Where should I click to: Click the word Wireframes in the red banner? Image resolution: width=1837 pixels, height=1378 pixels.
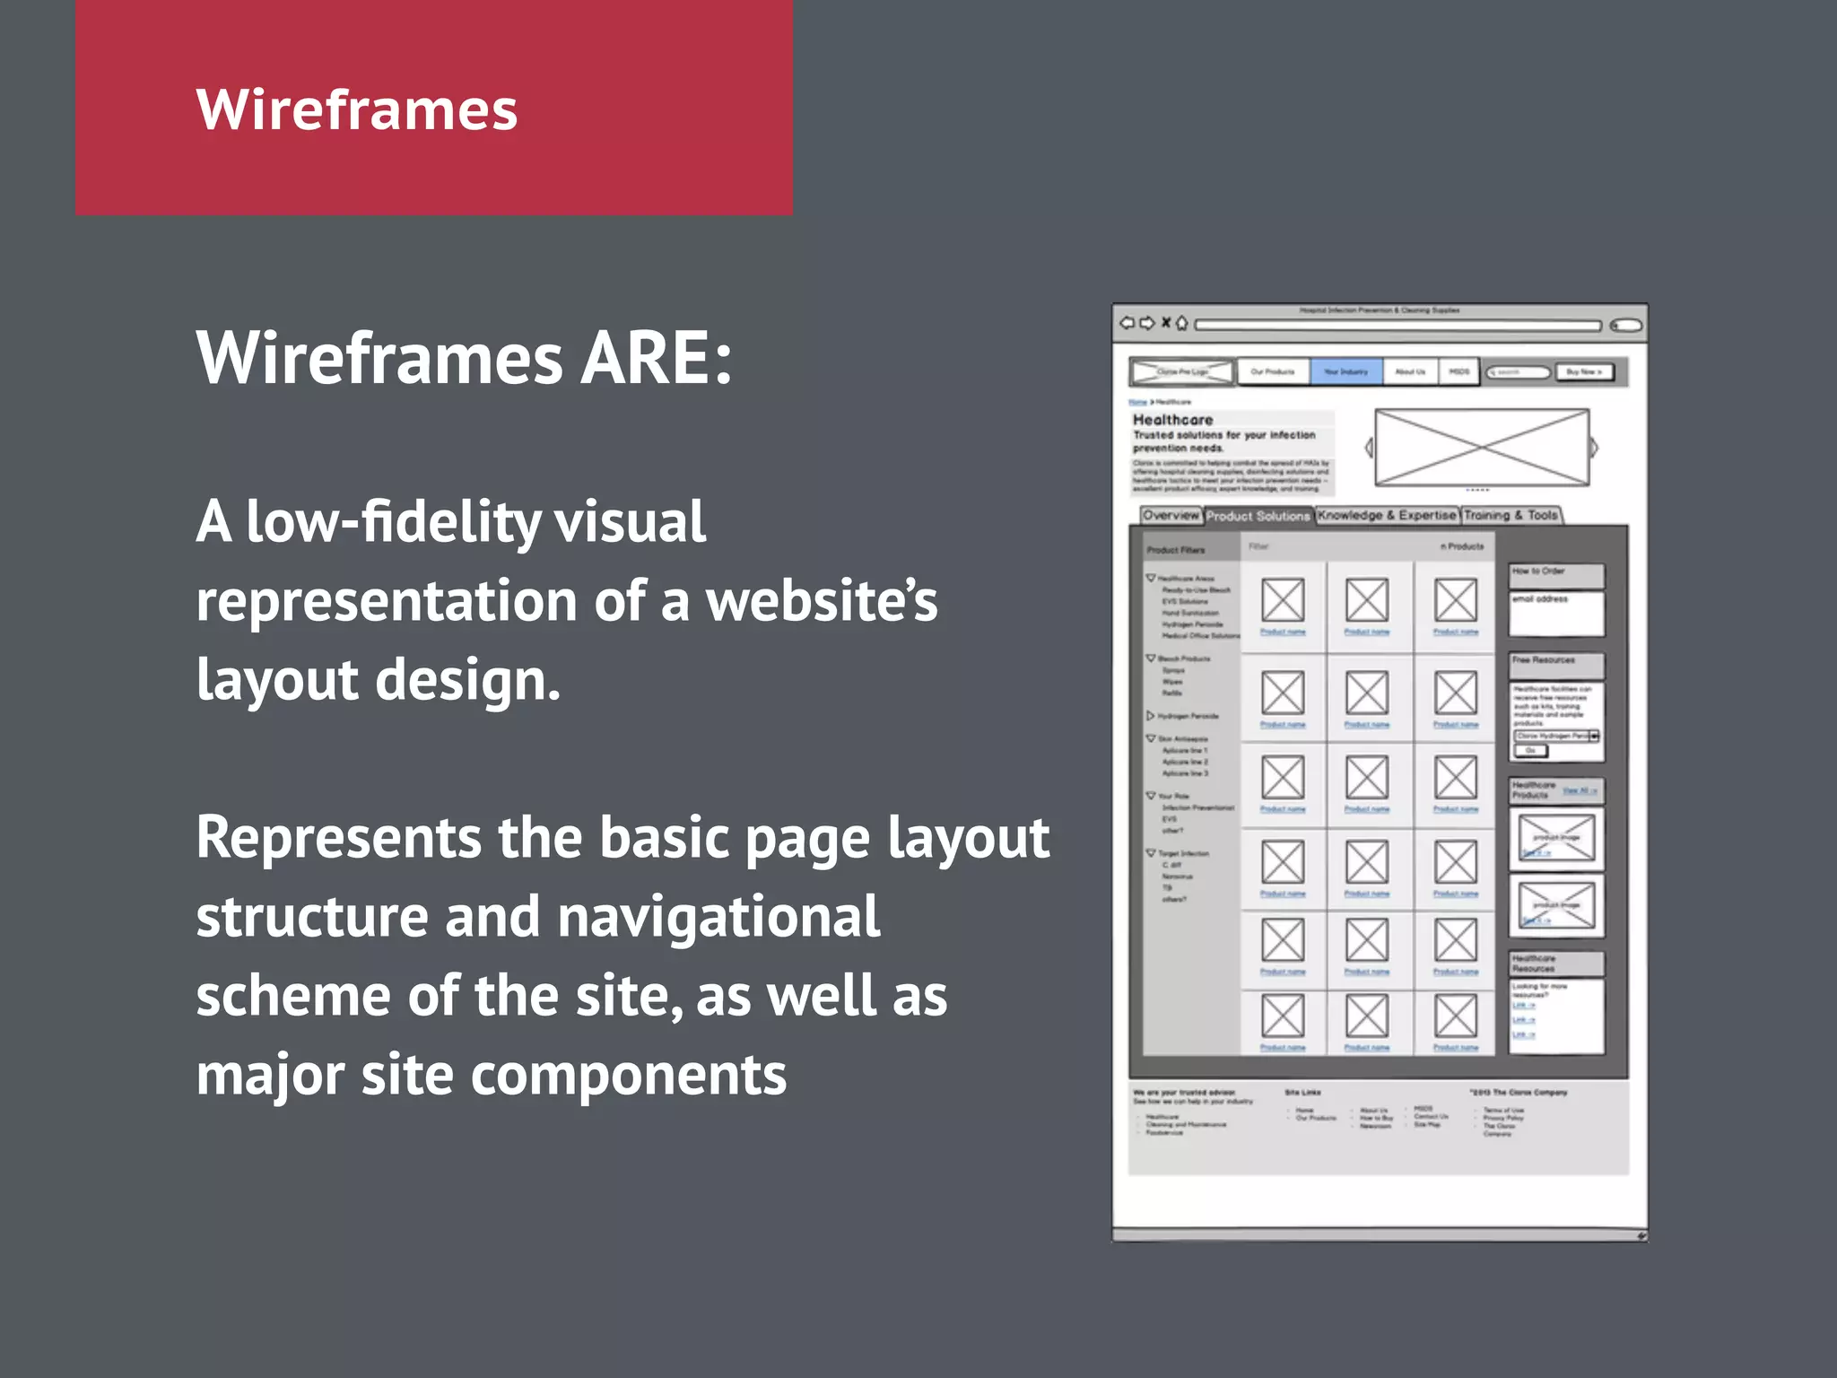pos(356,109)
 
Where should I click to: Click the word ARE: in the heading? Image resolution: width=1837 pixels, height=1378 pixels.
pos(657,359)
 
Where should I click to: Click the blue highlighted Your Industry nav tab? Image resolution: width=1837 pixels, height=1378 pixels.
pos(1345,371)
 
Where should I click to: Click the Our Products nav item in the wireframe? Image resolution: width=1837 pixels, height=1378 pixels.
pos(1273,371)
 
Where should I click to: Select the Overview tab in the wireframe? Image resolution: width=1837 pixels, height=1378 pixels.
pos(1171,516)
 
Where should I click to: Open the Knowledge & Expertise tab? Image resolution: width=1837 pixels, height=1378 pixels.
pos(1387,516)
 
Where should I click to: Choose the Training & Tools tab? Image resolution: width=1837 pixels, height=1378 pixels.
pos(1511,516)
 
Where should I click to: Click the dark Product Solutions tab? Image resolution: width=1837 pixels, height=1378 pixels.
pos(1258,517)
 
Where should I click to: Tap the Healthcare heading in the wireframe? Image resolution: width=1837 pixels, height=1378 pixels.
pos(1172,420)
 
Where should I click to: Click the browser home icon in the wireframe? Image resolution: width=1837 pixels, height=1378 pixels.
pos(1182,324)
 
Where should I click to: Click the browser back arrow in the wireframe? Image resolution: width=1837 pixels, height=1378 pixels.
pos(1127,323)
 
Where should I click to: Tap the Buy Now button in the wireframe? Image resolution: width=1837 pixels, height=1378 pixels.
pos(1584,371)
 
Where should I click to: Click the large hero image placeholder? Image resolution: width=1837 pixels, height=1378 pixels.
pos(1482,447)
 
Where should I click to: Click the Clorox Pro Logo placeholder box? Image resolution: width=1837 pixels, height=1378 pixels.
pos(1182,371)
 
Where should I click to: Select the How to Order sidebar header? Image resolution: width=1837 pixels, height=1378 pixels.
pos(1555,572)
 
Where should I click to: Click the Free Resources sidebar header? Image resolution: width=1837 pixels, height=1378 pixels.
pos(1555,662)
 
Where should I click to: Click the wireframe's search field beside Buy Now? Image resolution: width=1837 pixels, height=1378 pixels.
pos(1517,372)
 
